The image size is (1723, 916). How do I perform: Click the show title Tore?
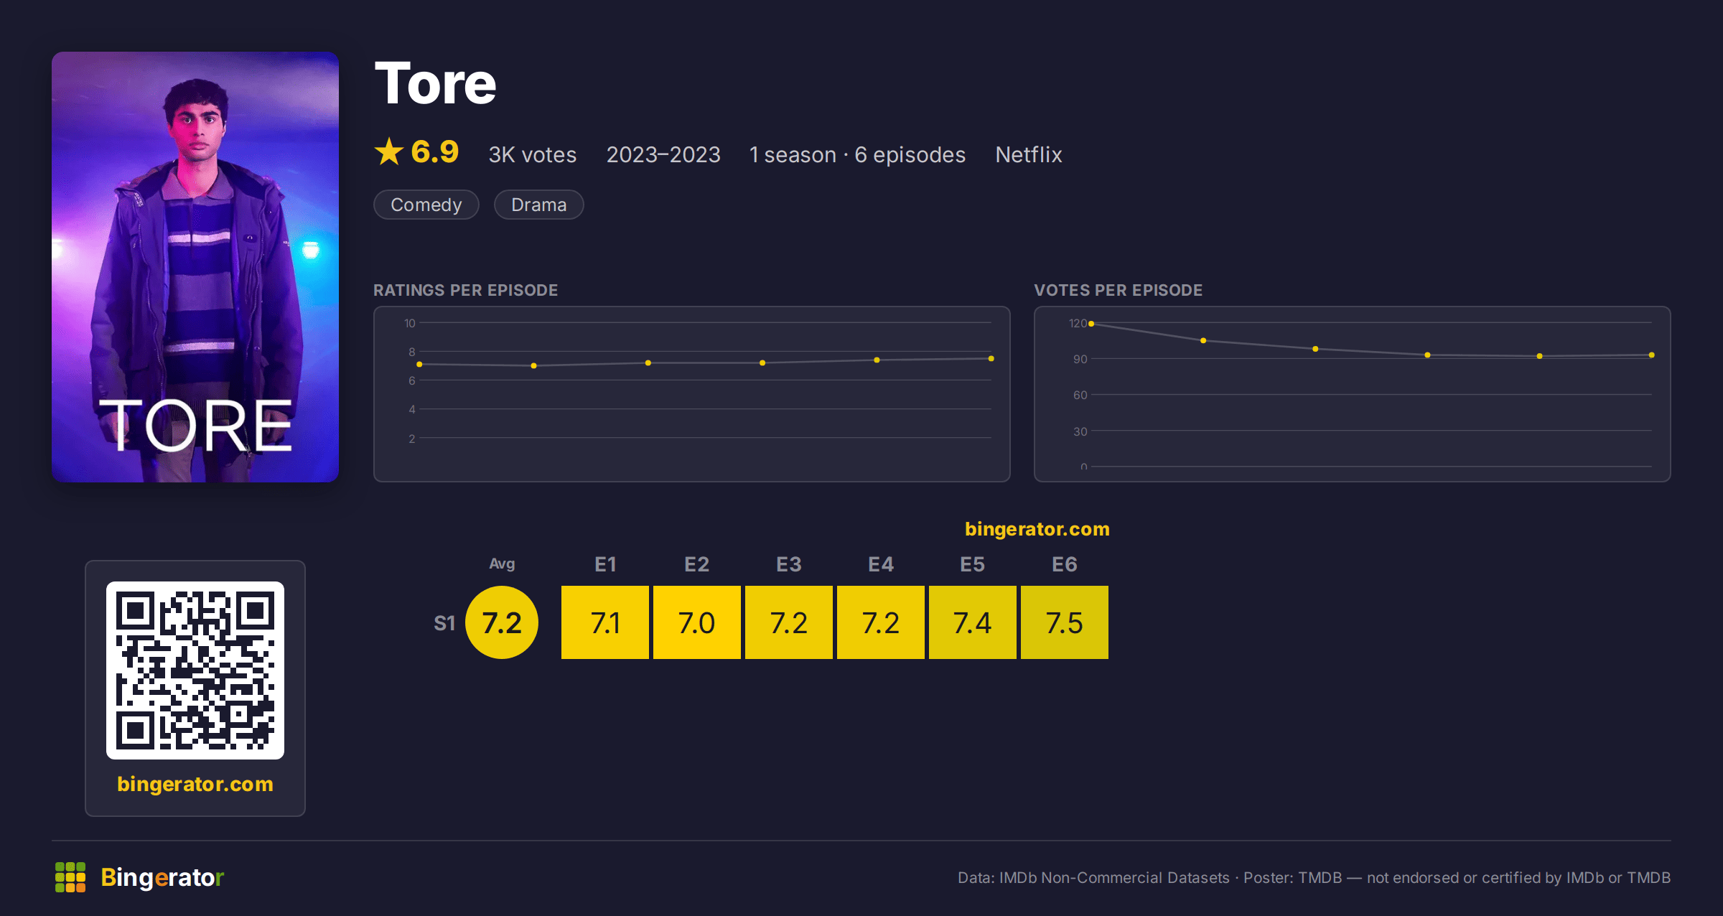click(435, 83)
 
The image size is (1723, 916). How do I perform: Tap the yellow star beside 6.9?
click(389, 151)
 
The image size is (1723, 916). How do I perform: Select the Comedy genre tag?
click(426, 205)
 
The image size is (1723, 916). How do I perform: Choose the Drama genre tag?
click(539, 205)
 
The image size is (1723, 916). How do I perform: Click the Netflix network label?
click(1029, 154)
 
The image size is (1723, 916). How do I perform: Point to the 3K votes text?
click(533, 154)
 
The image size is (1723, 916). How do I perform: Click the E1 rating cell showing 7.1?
click(605, 622)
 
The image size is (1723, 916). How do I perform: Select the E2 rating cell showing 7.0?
click(697, 622)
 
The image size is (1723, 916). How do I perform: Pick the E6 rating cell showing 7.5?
click(1065, 622)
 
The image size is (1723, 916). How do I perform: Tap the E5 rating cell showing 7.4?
click(973, 622)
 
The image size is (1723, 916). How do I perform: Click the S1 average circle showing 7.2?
click(502, 622)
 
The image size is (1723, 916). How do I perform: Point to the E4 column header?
click(881, 564)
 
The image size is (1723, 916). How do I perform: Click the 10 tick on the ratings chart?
click(410, 323)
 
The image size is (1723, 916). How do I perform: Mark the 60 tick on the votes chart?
click(1080, 395)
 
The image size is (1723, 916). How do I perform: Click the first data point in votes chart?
click(1091, 324)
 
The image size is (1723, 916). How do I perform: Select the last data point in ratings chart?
click(991, 358)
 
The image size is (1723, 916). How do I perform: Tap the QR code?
click(195, 670)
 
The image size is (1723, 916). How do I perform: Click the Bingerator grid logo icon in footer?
click(70, 877)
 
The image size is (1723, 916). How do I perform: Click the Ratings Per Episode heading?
click(466, 290)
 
